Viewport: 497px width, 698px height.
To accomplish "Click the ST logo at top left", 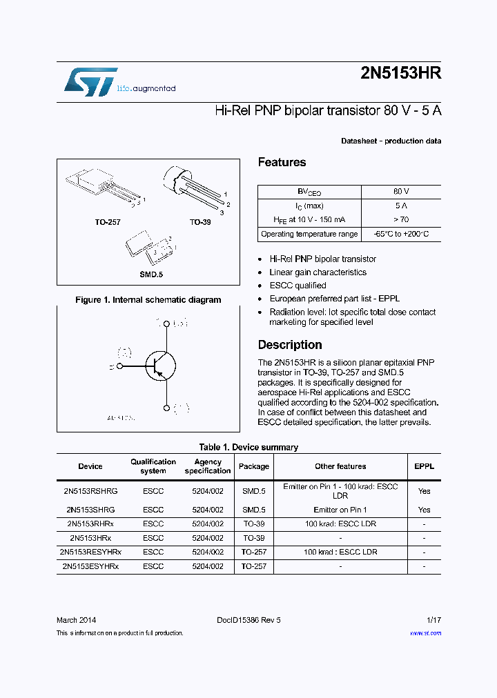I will (90, 81).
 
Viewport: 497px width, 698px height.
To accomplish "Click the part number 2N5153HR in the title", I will (400, 74).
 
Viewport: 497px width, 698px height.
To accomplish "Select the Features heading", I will (282, 163).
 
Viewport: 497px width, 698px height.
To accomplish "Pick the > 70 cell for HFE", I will (401, 219).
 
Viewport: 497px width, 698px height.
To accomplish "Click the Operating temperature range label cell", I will (309, 234).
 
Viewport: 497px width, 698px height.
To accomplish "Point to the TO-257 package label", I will (108, 223).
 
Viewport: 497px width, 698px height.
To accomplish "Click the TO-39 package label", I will (200, 223).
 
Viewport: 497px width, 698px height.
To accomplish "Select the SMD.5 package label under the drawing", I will (150, 274).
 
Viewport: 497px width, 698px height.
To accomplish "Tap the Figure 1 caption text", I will (148, 300).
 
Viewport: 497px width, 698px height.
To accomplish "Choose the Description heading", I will (290, 345).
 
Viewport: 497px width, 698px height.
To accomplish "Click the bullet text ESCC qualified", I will (298, 286).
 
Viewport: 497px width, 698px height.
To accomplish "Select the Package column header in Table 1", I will (253, 466).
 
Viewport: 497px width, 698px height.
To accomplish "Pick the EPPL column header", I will (424, 466).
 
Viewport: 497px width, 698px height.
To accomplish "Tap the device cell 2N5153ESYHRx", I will (90, 566).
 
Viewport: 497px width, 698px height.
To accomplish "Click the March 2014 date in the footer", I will (76, 620).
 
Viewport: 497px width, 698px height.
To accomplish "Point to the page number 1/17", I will (433, 620).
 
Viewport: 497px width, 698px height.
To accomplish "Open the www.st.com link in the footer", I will (425, 633).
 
